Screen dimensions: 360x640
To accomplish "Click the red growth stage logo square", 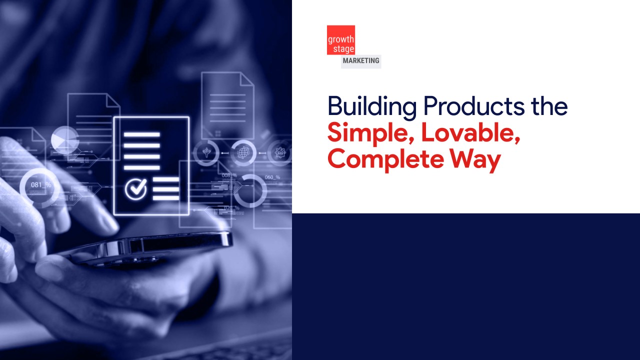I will point(341,40).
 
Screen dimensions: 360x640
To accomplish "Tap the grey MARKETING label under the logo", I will point(361,61).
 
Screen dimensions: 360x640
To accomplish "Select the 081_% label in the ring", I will point(41,185).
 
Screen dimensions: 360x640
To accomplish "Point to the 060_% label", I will point(272,177).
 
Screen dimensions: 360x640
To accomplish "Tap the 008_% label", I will point(229,175).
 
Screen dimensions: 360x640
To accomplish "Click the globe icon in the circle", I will point(243,151).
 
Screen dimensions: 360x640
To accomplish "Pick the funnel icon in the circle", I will point(206,151).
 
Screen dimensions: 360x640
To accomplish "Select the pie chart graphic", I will point(65,138).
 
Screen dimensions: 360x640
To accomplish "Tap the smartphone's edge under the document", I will point(150,245).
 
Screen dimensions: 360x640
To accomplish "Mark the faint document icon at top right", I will point(227,105).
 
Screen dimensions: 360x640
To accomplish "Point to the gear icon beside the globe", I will point(279,151).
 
